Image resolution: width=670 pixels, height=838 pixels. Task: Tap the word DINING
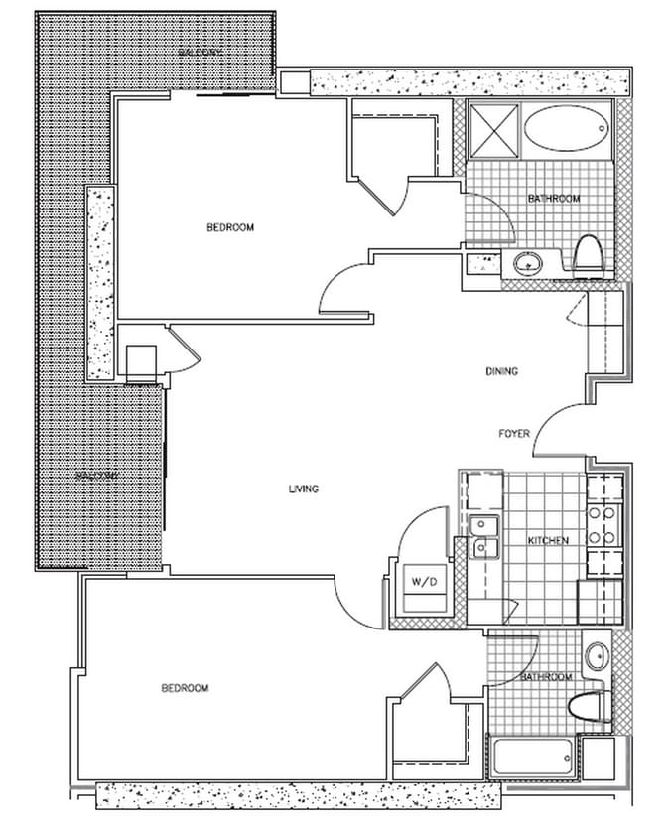coord(502,372)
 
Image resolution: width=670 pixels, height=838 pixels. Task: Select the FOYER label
coord(514,434)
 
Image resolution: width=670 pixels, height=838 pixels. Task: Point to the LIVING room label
coord(303,489)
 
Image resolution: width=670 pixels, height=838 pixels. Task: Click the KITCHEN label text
coord(547,540)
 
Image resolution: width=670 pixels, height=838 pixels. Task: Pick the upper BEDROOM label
coord(230,227)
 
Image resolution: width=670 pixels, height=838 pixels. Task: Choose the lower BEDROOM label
coord(185,688)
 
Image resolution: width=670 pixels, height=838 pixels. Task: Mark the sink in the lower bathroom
coord(597,656)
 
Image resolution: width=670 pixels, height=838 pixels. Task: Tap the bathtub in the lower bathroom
coord(532,760)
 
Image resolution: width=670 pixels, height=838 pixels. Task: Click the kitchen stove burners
coord(603,526)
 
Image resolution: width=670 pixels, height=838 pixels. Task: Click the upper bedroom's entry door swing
coord(341,289)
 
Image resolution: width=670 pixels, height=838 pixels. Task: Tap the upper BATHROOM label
coord(553,199)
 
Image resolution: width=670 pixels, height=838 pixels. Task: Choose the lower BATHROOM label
coord(546,677)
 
